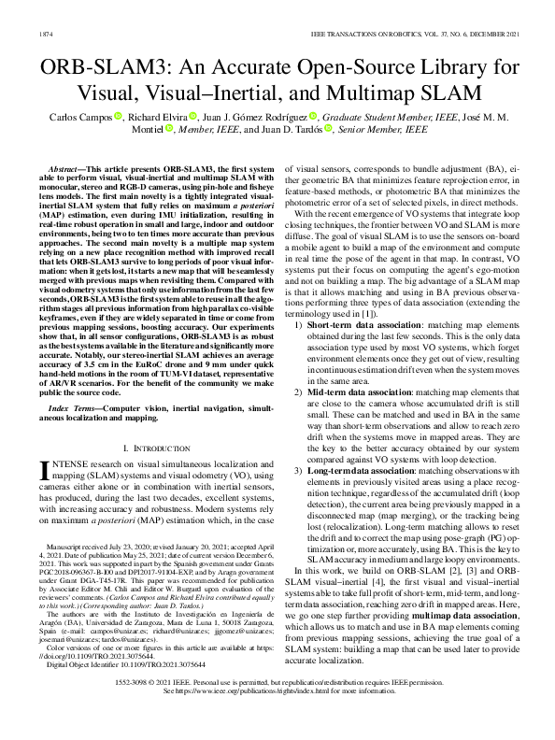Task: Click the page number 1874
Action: tap(44, 34)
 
